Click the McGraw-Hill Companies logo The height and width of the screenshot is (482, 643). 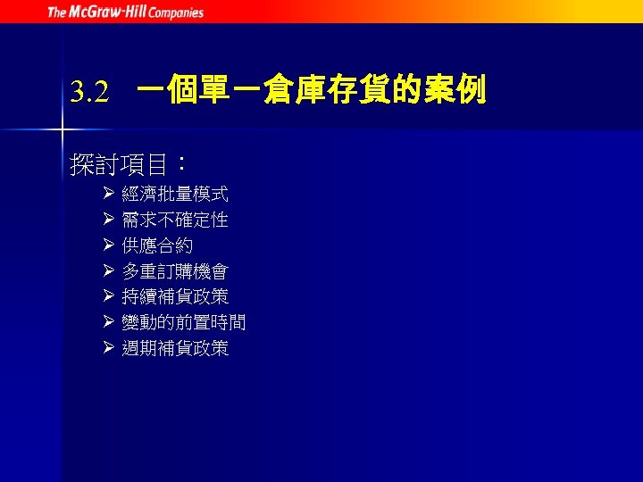coord(125,12)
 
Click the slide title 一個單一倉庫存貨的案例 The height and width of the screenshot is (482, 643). coord(312,90)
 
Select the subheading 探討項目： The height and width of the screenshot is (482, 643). coord(129,163)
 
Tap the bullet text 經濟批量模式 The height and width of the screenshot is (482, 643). coord(175,194)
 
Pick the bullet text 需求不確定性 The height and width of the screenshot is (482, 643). coord(175,220)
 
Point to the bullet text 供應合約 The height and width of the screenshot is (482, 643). coord(157,245)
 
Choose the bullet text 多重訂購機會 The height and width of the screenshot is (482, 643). coord(175,271)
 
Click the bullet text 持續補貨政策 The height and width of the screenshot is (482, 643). coord(175,296)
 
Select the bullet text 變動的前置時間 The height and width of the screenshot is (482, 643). coord(184,322)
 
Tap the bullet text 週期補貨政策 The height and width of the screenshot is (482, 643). coord(175,348)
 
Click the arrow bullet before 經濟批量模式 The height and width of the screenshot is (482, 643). coord(107,194)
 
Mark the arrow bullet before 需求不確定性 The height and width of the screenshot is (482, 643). coord(107,220)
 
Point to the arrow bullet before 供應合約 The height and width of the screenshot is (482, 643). coord(107,245)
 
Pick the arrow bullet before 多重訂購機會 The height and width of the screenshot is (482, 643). coord(107,271)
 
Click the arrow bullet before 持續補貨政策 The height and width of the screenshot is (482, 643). coord(107,296)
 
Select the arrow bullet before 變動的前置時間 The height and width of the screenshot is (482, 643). coord(107,322)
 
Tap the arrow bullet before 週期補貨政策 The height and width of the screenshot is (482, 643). coord(107,348)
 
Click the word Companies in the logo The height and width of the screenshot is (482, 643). coord(178,12)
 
